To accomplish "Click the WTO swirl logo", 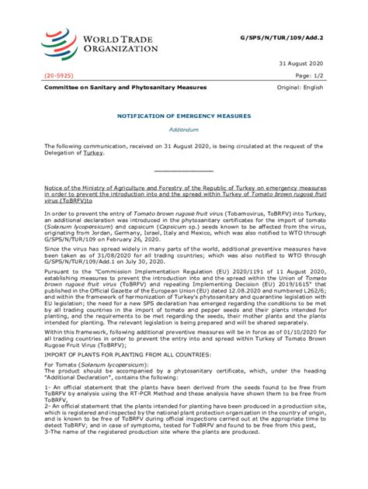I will coord(61,42).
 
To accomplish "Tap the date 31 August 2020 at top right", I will coord(300,63).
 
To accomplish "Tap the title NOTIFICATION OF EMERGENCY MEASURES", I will coord(184,115).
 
